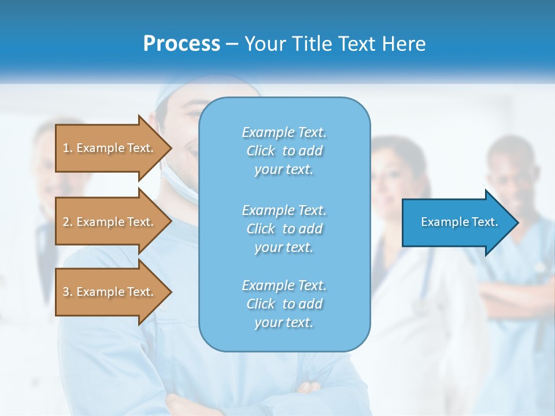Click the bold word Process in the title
(x=182, y=44)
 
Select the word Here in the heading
(x=404, y=44)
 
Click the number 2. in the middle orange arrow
(x=68, y=222)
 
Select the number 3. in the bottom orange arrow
(x=68, y=292)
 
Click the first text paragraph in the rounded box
(x=284, y=151)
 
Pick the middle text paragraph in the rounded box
(x=284, y=229)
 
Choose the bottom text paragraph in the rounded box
(x=284, y=304)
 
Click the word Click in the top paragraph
(x=261, y=151)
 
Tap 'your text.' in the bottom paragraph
(x=284, y=322)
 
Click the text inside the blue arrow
(x=459, y=222)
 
